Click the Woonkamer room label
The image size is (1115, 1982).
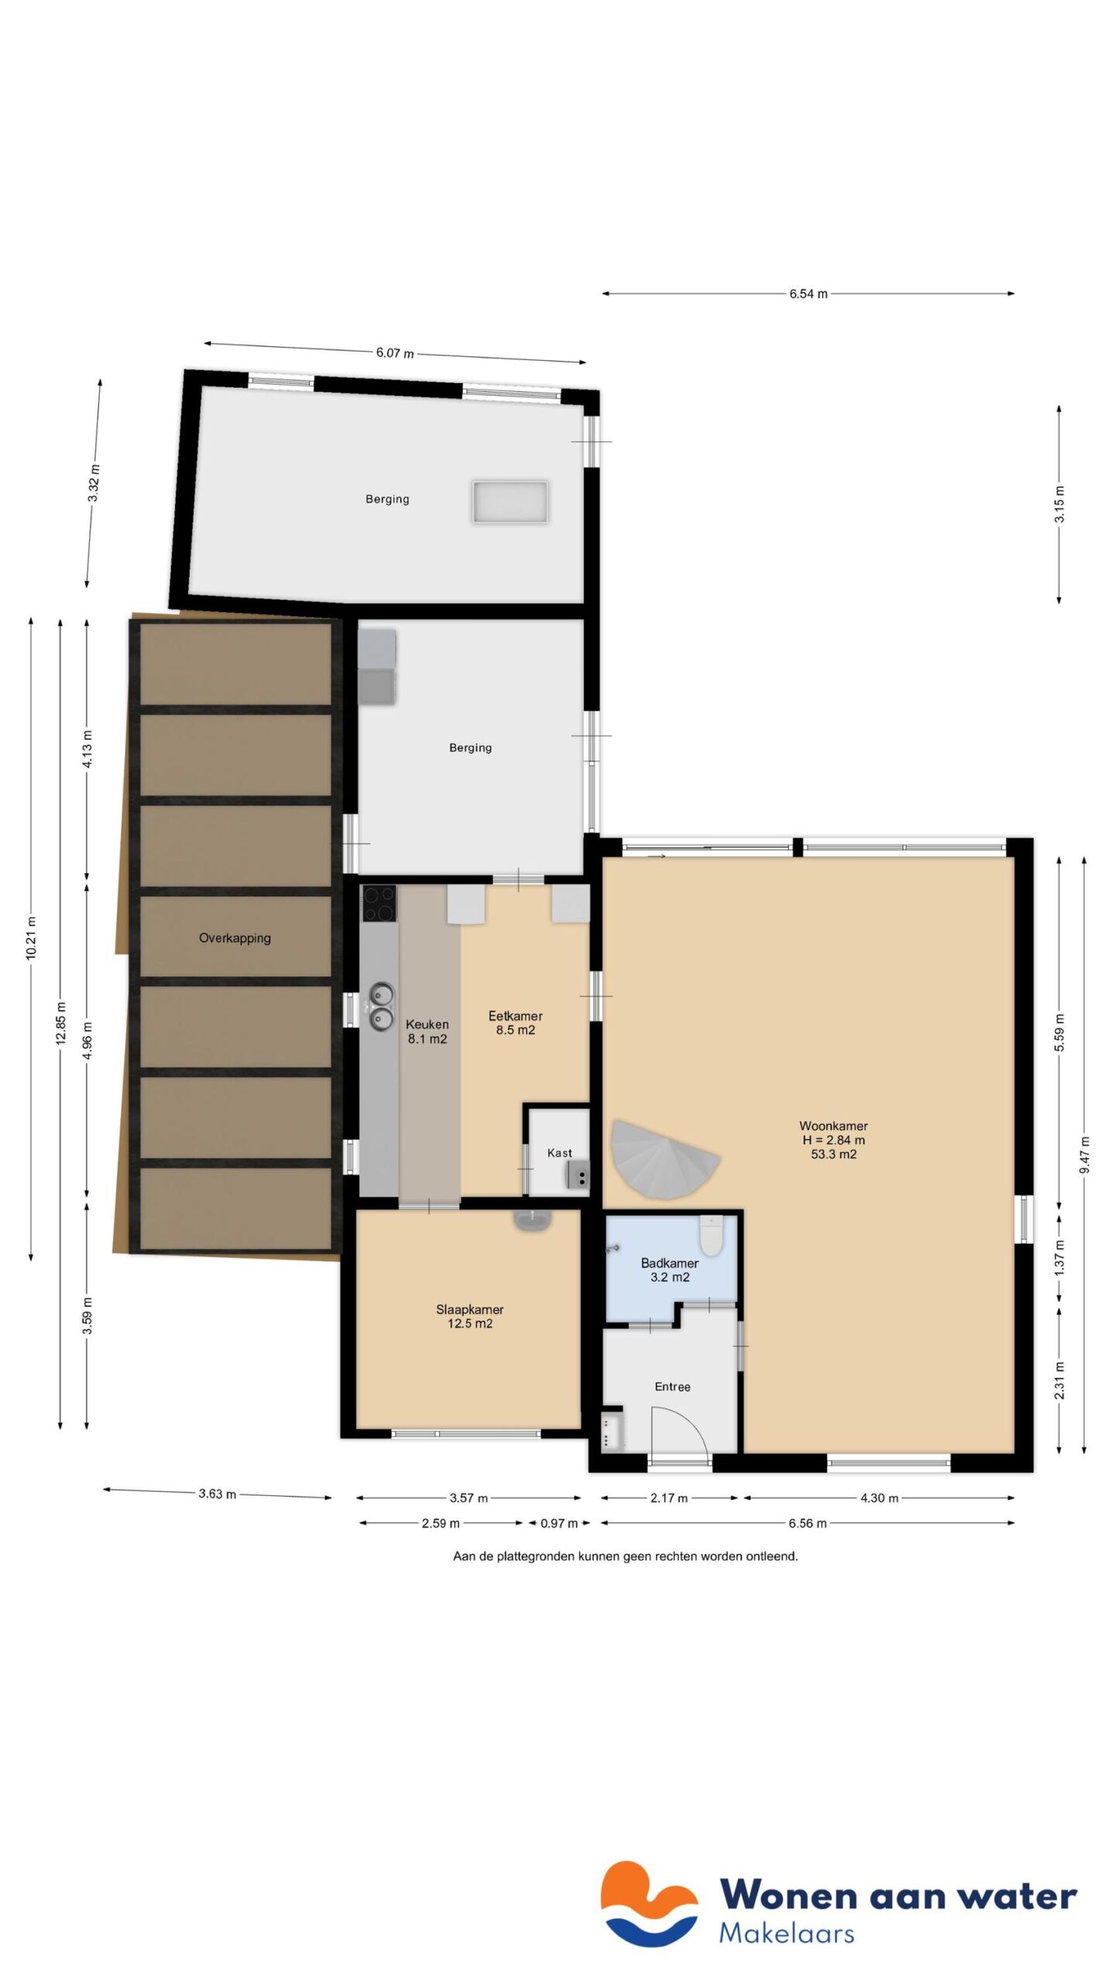(833, 1139)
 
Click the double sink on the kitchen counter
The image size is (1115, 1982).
(380, 1006)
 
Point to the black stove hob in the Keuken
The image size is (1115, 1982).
(379, 903)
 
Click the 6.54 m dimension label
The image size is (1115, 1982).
(808, 294)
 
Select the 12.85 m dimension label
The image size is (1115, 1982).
(61, 1023)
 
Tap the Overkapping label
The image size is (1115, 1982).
(235, 938)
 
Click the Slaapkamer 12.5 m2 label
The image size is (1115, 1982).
(469, 1316)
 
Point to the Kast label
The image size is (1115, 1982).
(559, 1153)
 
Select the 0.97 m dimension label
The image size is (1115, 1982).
(558, 1524)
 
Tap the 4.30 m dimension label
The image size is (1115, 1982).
(879, 1498)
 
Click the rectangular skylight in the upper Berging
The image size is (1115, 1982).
(509, 501)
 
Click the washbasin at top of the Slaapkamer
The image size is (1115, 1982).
(532, 1219)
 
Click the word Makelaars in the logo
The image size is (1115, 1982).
(786, 1933)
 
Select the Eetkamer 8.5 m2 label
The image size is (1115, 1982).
(515, 1023)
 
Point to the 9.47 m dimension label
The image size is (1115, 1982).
(1084, 1154)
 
